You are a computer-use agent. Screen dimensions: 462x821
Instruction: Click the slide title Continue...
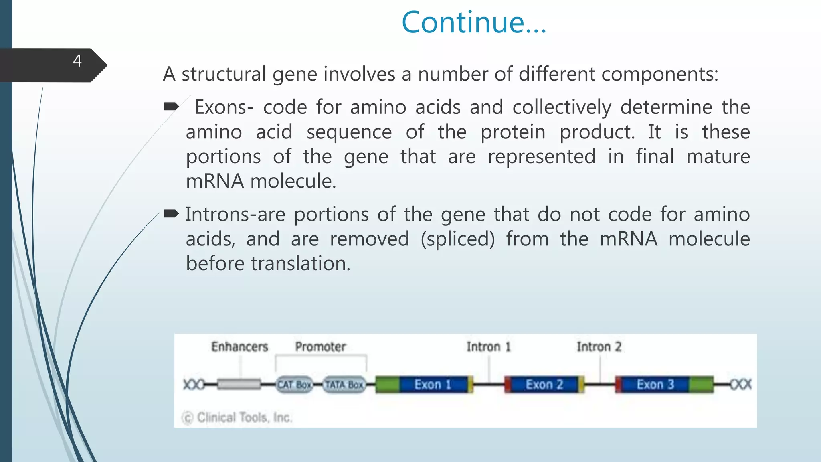pos(474,22)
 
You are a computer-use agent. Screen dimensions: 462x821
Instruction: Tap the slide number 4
pos(77,61)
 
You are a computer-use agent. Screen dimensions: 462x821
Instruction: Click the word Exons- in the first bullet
pos(224,107)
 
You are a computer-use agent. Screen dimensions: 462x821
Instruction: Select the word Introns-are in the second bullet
pos(235,215)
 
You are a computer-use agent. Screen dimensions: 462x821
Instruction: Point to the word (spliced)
pos(458,239)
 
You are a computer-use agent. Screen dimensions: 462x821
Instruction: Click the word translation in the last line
pos(300,264)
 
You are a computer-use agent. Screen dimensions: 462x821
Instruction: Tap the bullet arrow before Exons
pos(171,106)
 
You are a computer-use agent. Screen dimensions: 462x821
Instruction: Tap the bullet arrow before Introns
pos(171,213)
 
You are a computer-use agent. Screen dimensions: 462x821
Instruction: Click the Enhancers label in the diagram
pos(239,346)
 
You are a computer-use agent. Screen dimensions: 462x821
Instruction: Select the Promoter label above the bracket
pos(320,346)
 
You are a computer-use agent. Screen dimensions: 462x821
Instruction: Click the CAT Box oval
pos(294,385)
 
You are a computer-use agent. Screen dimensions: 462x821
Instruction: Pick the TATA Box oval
pos(344,385)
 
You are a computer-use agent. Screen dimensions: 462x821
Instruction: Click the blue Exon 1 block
pos(433,385)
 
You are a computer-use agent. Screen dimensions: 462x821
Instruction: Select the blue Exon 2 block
pos(544,385)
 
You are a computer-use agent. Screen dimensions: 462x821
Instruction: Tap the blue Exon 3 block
pos(655,385)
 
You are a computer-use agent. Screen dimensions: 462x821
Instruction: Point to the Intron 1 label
pos(488,346)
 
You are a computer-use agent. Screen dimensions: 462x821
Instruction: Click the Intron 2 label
pos(599,346)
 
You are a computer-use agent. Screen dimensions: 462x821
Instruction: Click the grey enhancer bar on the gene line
pos(239,384)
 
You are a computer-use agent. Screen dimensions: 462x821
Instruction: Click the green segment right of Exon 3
pos(701,385)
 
